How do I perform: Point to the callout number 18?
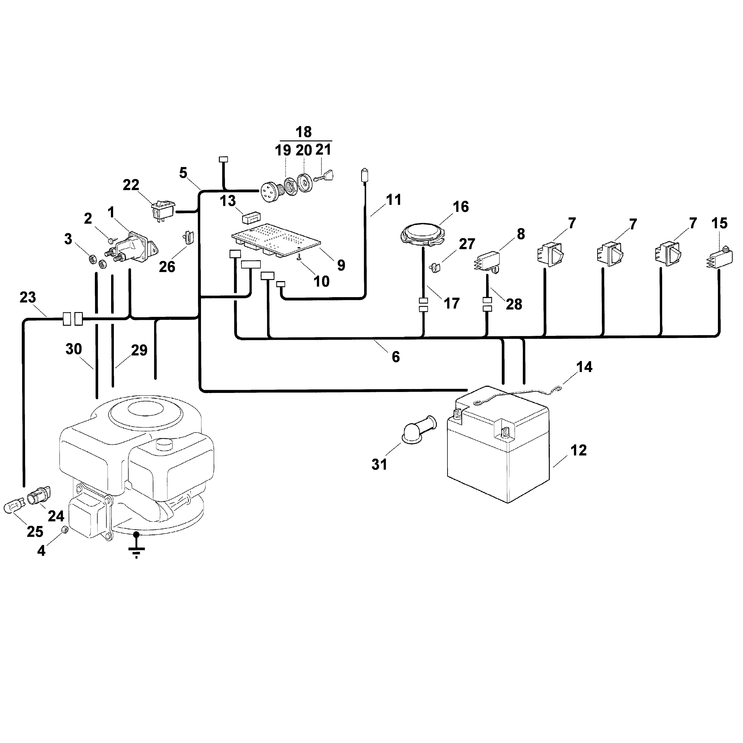(303, 132)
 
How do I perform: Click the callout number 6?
(396, 357)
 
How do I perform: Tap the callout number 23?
(28, 297)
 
